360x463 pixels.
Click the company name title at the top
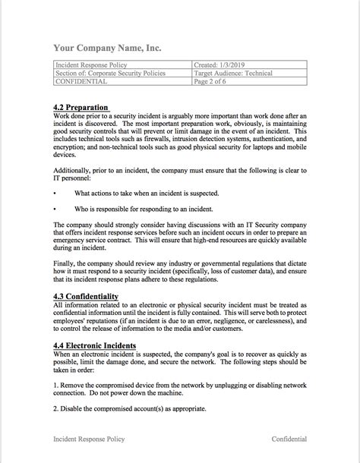tap(107, 48)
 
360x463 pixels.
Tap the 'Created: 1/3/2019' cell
tap(220, 66)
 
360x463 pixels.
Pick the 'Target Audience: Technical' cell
tap(232, 74)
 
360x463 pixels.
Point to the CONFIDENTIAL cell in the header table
tap(78, 82)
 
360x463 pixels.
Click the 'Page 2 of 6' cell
tap(215, 82)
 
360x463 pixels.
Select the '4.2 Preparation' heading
tap(81, 108)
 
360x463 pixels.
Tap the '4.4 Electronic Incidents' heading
tap(95, 345)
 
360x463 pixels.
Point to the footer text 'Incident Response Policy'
tap(87, 439)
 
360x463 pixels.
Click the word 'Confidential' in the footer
tap(289, 439)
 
